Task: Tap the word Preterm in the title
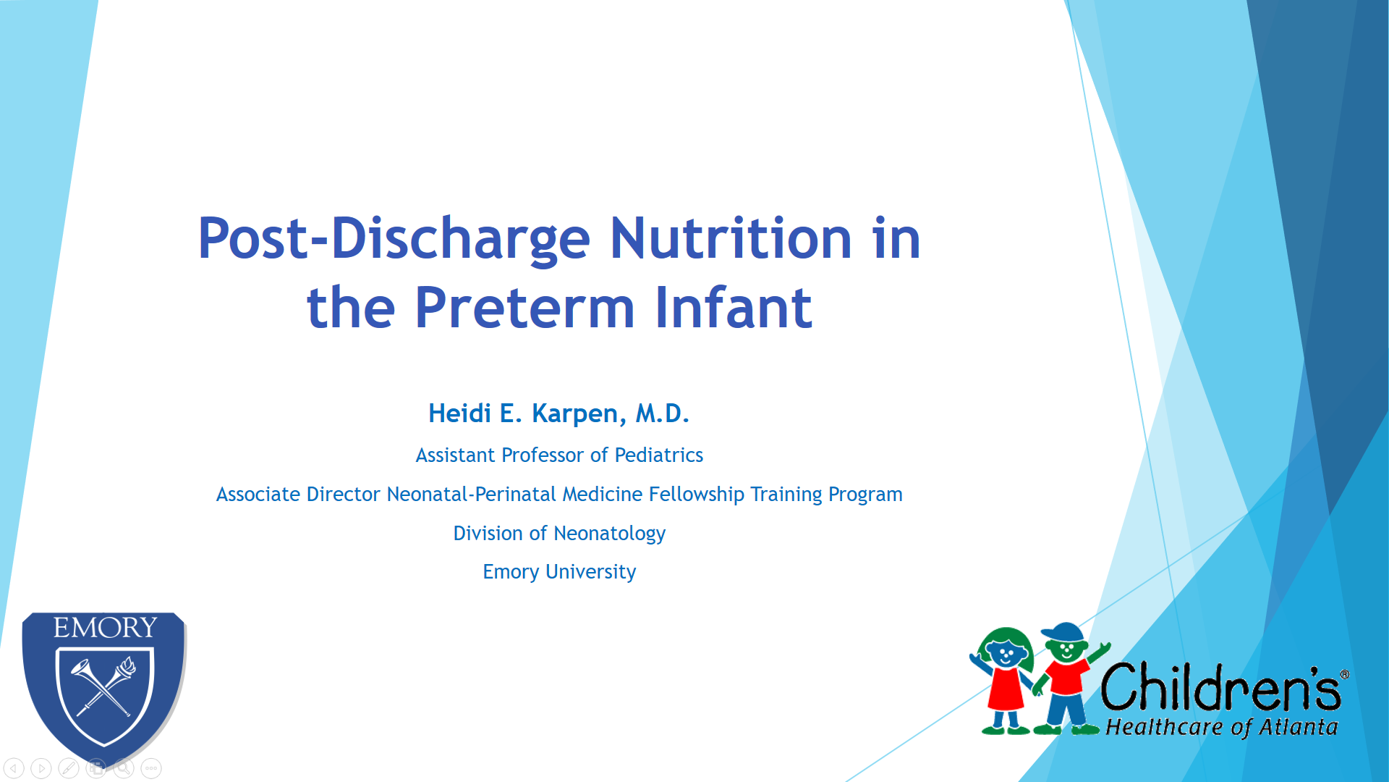[x=524, y=307]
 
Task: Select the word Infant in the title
[x=734, y=307]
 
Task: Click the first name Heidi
[x=459, y=413]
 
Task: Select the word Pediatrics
[x=658, y=455]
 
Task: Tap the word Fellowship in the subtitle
[x=696, y=495]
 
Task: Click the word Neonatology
[x=609, y=534]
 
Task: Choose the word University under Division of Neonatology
[x=590, y=572]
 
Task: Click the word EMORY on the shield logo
[x=106, y=627]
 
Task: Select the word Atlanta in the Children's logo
[x=1299, y=727]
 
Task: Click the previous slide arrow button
[x=14, y=768]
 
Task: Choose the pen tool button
[x=69, y=768]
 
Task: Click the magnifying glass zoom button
[x=124, y=768]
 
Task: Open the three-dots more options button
[x=151, y=768]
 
